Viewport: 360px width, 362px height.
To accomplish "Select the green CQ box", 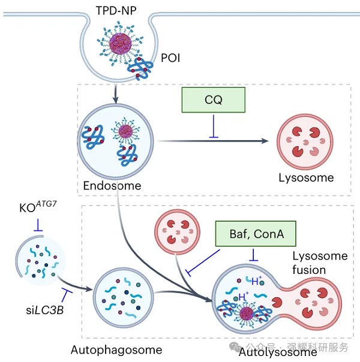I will pyautogui.click(x=214, y=100).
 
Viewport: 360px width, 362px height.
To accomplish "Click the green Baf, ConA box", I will pyautogui.click(x=256, y=233).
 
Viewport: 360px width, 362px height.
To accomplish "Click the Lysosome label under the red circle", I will pyautogui.click(x=306, y=178).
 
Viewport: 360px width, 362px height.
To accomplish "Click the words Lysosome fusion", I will pyautogui.click(x=320, y=263).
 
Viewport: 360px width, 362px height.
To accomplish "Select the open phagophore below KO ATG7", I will pyautogui.click(x=38, y=262).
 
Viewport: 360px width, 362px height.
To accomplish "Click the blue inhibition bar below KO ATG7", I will pyautogui.click(x=38, y=228).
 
